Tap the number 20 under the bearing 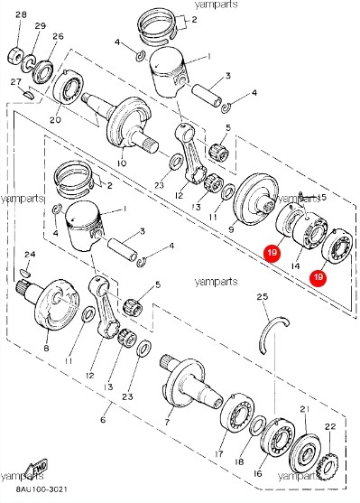55,119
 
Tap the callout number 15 323,197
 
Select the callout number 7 168,421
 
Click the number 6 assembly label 102,421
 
